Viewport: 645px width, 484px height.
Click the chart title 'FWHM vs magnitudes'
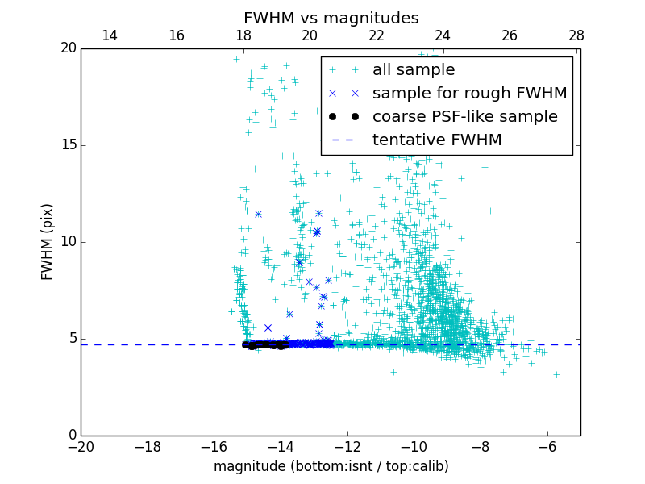coord(331,18)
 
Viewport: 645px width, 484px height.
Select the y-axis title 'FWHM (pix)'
coord(48,241)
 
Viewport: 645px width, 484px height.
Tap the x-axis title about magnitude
coord(331,466)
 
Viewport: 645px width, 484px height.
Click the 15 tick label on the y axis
coord(68,145)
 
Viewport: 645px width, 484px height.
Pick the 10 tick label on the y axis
coord(68,242)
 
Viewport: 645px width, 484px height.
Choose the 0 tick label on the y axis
coord(72,436)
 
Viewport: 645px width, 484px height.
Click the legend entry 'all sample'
coord(414,70)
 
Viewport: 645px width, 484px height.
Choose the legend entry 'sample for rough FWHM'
coord(469,94)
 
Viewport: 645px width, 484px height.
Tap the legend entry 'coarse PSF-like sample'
coord(464,117)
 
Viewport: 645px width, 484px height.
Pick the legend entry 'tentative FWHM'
coord(437,140)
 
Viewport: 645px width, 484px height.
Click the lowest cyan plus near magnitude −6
coord(556,374)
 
